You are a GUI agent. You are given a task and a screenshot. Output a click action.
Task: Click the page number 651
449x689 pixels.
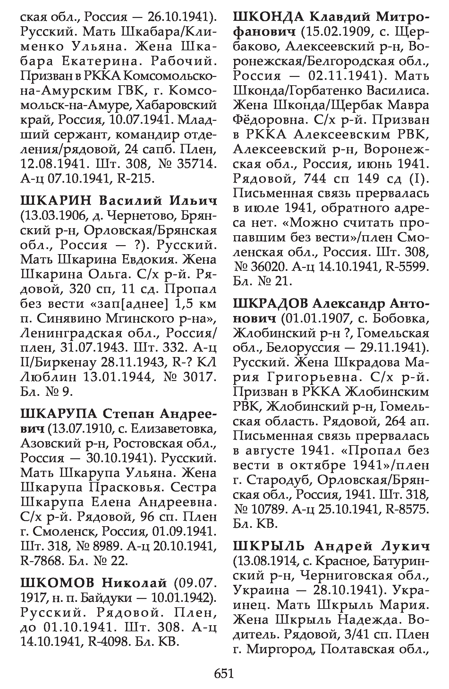224,674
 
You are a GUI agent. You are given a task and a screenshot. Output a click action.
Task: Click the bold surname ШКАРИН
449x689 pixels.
56,201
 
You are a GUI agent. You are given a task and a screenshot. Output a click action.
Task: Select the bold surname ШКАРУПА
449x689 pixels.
58,414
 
